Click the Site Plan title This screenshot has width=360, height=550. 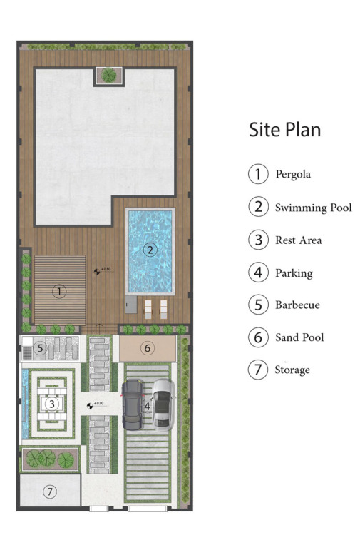coord(284,130)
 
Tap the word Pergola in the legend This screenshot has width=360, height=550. coord(293,174)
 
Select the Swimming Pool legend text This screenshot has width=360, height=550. coord(313,208)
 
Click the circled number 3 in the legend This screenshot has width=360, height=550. coord(258,240)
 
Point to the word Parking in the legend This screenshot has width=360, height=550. coord(294,273)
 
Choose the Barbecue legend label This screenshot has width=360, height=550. coord(297,305)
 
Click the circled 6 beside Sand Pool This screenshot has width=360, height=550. coord(258,337)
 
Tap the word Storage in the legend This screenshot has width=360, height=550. coord(292,370)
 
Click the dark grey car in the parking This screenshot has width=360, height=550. coord(132,404)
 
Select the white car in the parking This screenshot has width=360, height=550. coord(163,404)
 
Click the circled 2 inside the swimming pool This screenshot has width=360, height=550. coord(150,250)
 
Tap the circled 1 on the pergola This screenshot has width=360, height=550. coord(59,292)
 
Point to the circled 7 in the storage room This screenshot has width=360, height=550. coord(50,492)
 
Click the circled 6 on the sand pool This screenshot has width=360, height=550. coord(148,348)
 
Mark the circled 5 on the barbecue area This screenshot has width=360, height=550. coord(41,348)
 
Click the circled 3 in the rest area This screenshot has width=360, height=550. coord(52,404)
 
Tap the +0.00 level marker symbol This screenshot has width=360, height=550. coord(90,406)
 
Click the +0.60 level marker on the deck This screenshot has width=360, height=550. coord(97,271)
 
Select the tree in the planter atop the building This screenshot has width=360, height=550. coord(108,75)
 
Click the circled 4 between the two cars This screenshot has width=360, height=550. coord(148,406)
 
